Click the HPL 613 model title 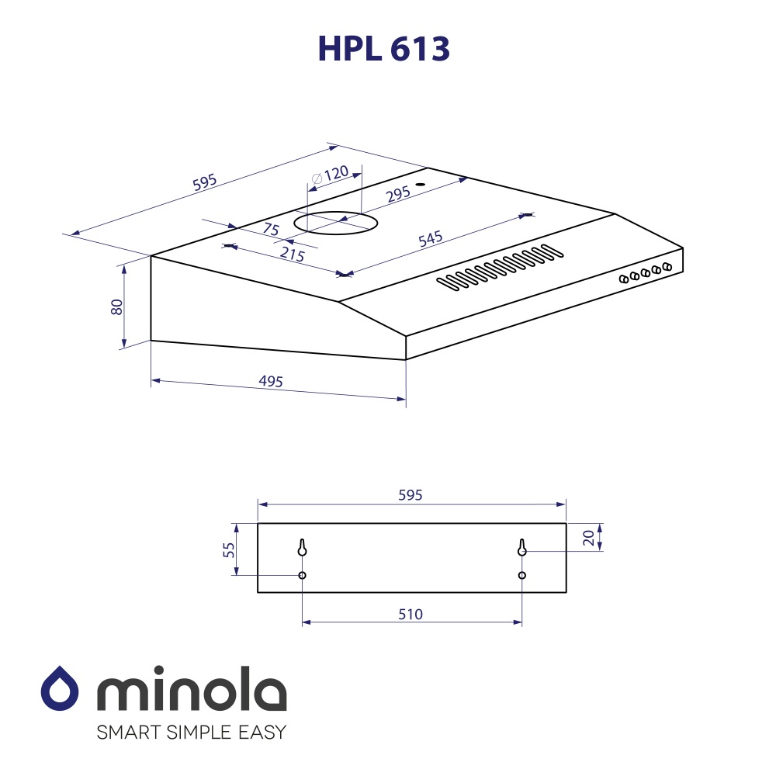click(x=383, y=49)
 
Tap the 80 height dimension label click(x=117, y=306)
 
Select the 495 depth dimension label click(x=271, y=381)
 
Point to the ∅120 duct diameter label click(x=330, y=175)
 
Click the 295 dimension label click(x=397, y=194)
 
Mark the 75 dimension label click(x=270, y=229)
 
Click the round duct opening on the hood click(x=335, y=223)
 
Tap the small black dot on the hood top click(x=420, y=185)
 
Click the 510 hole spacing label click(x=411, y=615)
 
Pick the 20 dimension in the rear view click(x=589, y=538)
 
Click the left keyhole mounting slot click(x=302, y=547)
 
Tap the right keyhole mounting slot click(x=522, y=547)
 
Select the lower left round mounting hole click(x=302, y=575)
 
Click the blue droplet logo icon click(x=60, y=688)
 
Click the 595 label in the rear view click(x=410, y=495)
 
